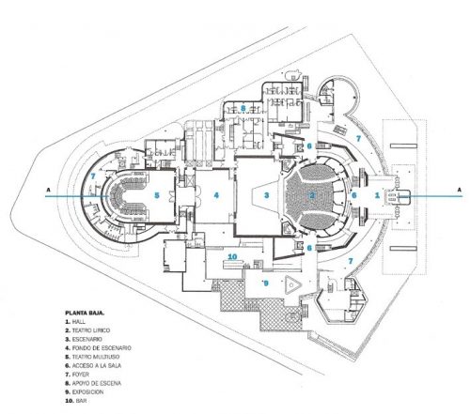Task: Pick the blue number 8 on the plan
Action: [243, 108]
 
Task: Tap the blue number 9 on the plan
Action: [266, 282]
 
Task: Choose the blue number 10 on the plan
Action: [232, 255]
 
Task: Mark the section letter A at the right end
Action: [458, 192]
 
